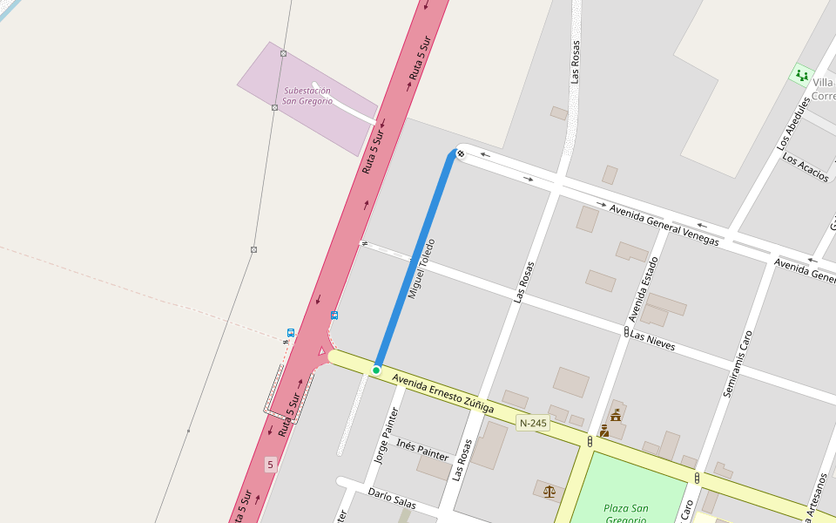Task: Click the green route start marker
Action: coord(376,370)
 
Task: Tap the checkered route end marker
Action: coord(461,154)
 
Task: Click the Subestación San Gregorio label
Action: coord(307,96)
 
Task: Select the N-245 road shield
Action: coord(533,424)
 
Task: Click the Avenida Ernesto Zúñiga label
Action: coord(442,394)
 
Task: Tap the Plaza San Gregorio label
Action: coord(626,513)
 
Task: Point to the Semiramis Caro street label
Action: coord(738,364)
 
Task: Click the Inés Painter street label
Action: coord(422,450)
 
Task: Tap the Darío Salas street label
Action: coord(392,499)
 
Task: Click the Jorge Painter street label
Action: coord(386,435)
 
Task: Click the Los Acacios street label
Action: coord(806,166)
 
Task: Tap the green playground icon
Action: coord(801,75)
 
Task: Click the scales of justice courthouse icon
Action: coord(549,492)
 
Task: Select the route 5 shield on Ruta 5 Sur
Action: coord(270,465)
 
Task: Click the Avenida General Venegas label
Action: coord(664,225)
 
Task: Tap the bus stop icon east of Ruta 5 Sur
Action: coord(334,315)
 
